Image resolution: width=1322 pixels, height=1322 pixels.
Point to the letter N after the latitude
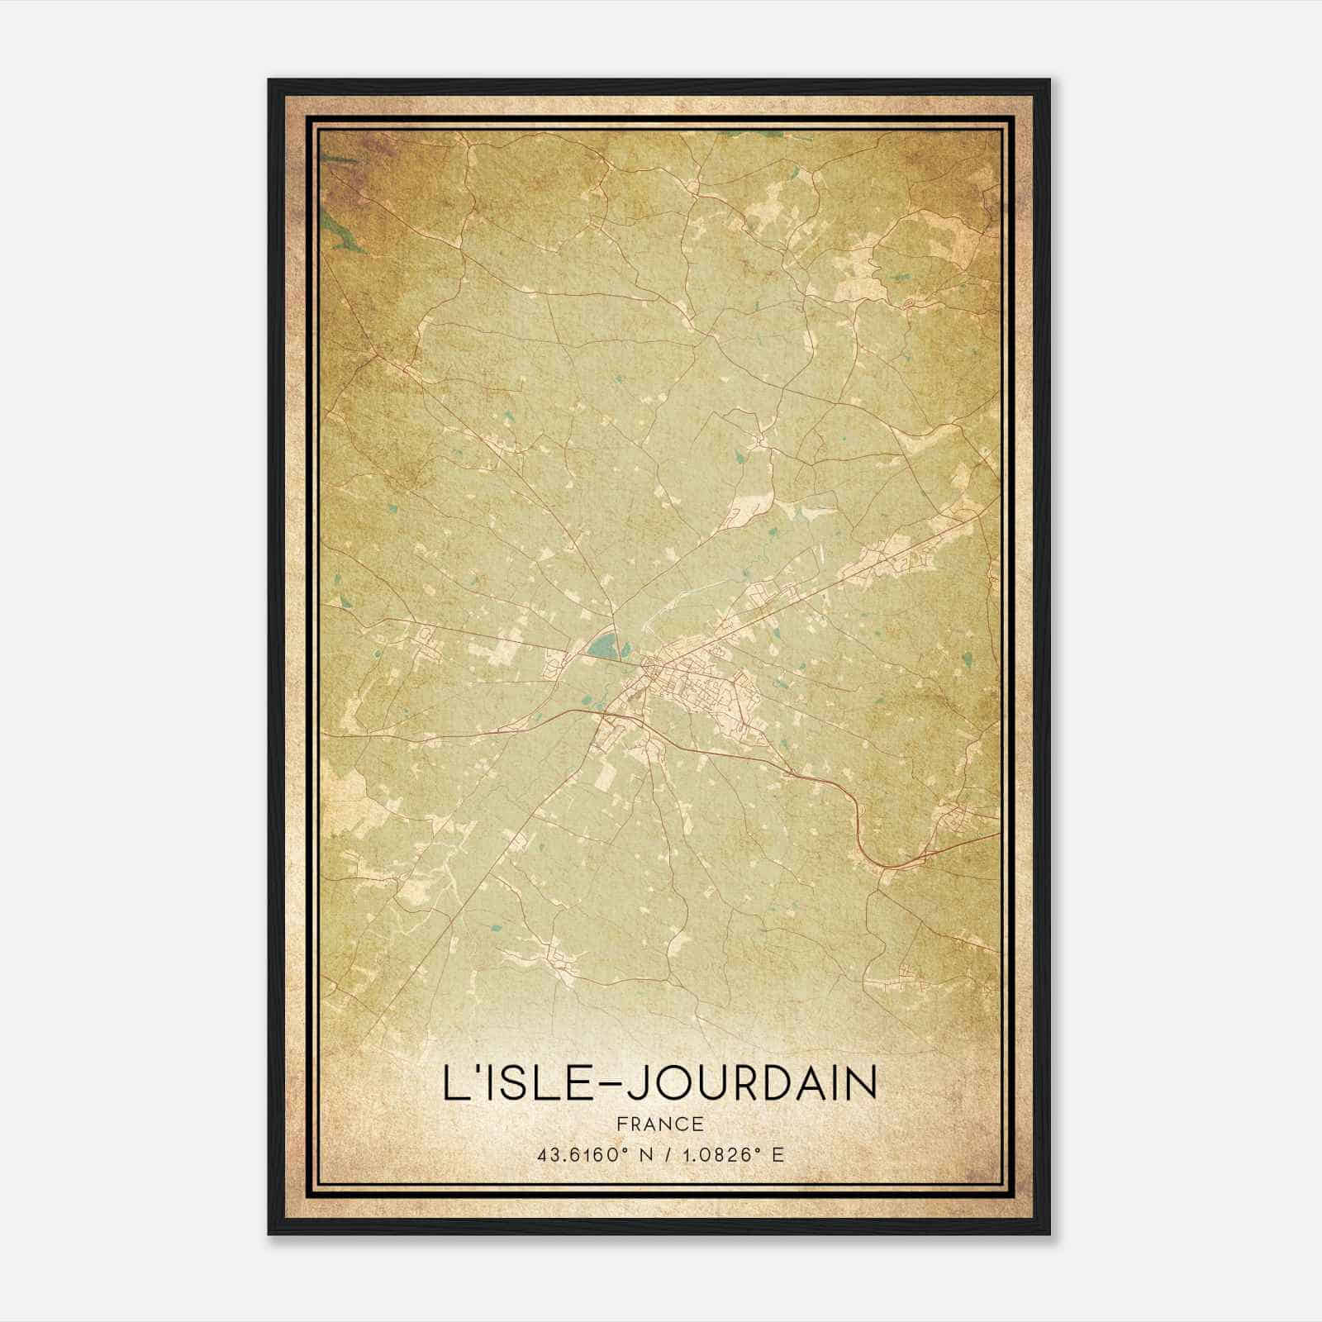[x=635, y=1155]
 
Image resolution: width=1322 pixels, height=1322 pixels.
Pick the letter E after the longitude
[x=777, y=1155]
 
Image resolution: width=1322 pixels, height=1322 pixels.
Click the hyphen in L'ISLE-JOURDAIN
[x=605, y=1085]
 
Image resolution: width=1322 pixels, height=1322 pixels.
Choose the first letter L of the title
[x=454, y=1084]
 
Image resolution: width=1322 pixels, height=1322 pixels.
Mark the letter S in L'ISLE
[x=510, y=1084]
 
